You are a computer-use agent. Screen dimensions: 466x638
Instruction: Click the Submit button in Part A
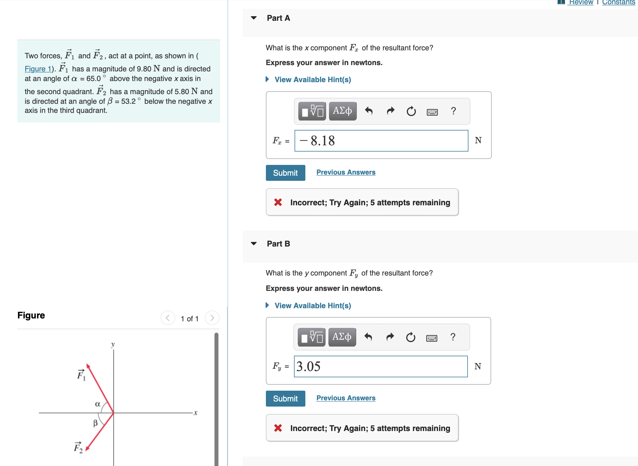tap(285, 173)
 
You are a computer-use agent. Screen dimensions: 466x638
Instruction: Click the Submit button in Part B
tap(285, 399)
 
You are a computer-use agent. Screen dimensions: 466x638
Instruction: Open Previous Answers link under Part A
tap(346, 172)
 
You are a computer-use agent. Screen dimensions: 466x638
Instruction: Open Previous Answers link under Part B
tap(346, 398)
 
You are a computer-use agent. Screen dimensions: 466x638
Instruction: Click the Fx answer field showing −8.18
tap(381, 141)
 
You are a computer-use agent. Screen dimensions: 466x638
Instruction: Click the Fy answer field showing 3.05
tap(381, 366)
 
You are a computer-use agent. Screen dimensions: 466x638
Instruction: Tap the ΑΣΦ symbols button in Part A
tap(342, 111)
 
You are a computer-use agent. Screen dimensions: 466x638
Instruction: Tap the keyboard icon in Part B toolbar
tap(431, 338)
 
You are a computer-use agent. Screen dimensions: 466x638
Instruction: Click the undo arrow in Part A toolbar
tap(369, 111)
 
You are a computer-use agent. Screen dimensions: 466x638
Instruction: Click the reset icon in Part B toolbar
tap(410, 337)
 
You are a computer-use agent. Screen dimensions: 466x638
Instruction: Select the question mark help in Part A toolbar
tap(453, 111)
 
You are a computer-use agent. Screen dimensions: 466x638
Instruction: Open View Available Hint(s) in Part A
tap(312, 80)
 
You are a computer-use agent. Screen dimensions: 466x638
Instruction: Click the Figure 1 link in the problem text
tap(38, 69)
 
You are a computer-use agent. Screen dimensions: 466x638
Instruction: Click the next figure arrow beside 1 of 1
tap(212, 318)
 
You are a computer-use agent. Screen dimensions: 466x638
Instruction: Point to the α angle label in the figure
tap(97, 404)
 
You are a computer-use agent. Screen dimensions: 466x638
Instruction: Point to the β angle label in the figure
tap(95, 423)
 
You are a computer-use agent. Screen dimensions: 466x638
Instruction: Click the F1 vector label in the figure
tap(81, 375)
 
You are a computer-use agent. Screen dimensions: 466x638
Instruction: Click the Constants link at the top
tap(618, 3)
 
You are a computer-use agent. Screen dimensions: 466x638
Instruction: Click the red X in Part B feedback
tap(278, 428)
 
